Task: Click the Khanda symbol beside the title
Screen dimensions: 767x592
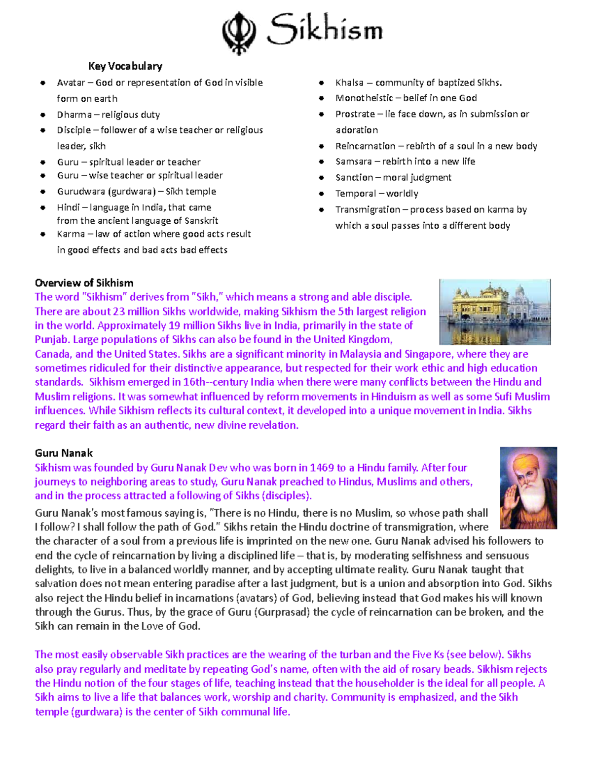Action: tap(239, 33)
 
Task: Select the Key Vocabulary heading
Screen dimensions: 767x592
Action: tap(125, 66)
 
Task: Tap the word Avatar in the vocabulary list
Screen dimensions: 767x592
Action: tap(71, 83)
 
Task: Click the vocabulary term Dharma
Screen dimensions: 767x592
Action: tap(74, 115)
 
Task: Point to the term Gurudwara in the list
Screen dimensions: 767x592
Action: tap(80, 192)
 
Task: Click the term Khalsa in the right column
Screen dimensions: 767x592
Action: tap(349, 83)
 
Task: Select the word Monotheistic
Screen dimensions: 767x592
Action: tap(364, 98)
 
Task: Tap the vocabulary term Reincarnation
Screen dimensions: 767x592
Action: tap(365, 146)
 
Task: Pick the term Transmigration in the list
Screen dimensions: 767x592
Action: tap(368, 210)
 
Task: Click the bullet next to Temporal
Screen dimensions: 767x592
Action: tap(321, 194)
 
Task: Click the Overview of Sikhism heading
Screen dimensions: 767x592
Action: tap(84, 283)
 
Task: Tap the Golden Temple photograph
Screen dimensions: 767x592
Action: tap(495, 312)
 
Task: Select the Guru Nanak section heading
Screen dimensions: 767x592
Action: tap(64, 453)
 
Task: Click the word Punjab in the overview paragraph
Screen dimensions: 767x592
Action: tap(52, 340)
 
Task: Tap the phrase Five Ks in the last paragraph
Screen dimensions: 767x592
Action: tap(428, 655)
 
